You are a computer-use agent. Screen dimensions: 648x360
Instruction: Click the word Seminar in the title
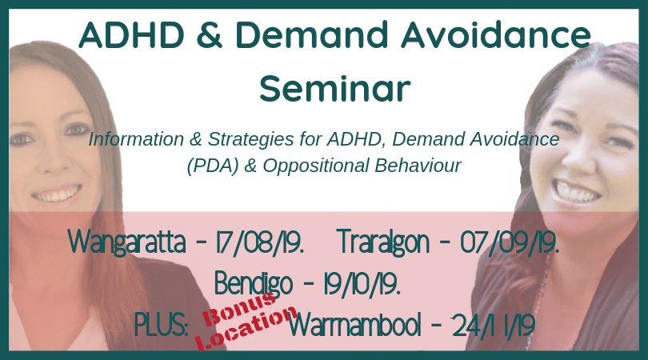(335, 89)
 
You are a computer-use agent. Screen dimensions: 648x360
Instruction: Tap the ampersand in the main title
(210, 34)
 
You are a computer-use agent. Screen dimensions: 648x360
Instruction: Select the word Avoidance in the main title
(496, 34)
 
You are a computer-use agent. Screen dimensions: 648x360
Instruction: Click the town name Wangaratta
(127, 242)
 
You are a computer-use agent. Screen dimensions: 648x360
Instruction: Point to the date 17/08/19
(260, 242)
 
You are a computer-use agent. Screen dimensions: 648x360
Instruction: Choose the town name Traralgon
(384, 242)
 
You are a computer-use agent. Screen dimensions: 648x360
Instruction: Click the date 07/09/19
(510, 242)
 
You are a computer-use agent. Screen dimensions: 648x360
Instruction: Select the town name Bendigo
(254, 284)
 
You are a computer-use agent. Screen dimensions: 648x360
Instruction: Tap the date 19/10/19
(362, 284)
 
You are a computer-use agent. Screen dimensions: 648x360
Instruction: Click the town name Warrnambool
(354, 326)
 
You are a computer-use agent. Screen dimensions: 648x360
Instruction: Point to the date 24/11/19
(494, 326)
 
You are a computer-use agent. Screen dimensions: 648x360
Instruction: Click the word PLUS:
(161, 326)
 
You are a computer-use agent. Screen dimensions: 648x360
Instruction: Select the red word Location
(246, 329)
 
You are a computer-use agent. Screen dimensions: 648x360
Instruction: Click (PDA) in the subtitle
(213, 166)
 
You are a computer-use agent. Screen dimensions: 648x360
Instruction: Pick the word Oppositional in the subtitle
(316, 166)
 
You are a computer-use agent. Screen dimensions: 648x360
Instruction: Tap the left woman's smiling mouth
(57, 193)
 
